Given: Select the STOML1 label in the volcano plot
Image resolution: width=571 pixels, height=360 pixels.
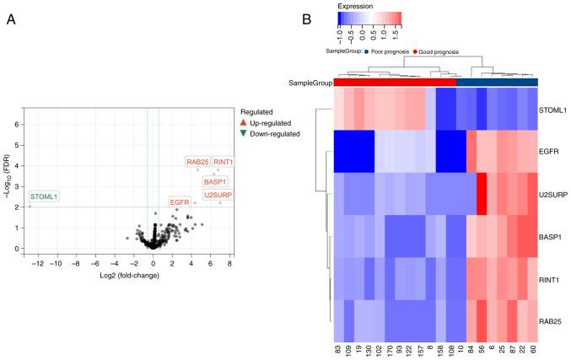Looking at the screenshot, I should click(x=44, y=196).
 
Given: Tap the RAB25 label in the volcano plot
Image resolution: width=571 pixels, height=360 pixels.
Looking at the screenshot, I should click(x=198, y=162).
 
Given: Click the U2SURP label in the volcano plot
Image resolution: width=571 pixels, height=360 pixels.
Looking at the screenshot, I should click(x=218, y=195).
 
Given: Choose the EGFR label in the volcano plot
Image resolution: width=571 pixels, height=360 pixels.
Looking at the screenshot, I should click(x=180, y=202).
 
